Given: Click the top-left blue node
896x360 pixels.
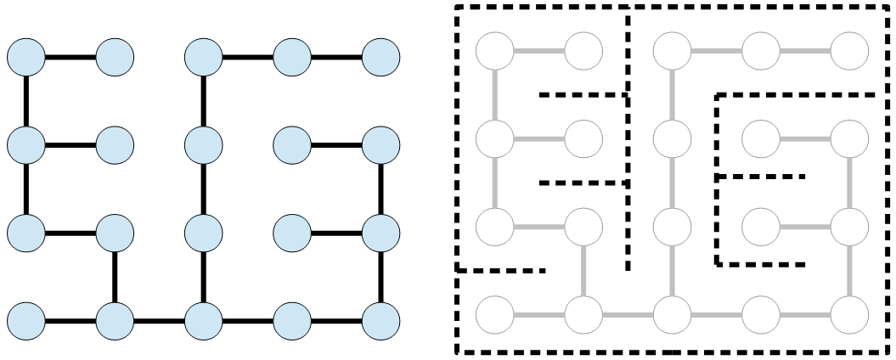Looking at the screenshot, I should (26, 58).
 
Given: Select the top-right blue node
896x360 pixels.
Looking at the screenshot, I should (380, 58).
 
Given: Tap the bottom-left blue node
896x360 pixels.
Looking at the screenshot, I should (26, 321).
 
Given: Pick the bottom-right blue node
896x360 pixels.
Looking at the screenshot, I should (380, 321).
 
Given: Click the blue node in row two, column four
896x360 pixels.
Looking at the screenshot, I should (293, 145).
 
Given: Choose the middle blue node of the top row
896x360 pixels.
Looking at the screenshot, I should (204, 58).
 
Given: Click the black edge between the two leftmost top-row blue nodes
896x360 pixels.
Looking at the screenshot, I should (70, 58).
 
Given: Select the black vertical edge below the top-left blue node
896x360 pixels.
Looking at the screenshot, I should (26, 101).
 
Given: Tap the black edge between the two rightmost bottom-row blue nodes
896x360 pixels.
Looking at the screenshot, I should (337, 321).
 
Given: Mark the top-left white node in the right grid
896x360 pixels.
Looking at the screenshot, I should (495, 51).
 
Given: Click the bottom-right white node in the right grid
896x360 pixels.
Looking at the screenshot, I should (850, 314).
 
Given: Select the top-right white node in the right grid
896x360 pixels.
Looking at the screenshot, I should (850, 51).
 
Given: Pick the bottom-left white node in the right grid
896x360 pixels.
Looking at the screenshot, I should (495, 314).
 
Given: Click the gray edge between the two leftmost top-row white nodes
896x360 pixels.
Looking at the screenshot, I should (539, 51).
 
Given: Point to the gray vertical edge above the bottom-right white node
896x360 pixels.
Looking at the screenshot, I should (850, 270).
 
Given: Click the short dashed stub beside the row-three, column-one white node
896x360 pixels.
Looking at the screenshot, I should (501, 271).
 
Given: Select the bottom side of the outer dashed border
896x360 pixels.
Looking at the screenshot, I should (671, 352).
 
